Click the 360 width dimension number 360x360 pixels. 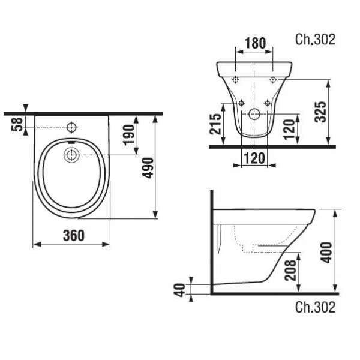[x=74, y=235]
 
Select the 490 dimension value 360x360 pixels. [x=148, y=168]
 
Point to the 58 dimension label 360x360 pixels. [x=17, y=124]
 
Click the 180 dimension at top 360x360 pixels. [x=255, y=43]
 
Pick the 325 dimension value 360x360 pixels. [x=320, y=112]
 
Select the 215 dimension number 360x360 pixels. [x=215, y=124]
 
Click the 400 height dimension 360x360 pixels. [x=326, y=253]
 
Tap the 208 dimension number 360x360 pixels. [x=290, y=270]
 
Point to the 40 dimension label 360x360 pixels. [x=180, y=290]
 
